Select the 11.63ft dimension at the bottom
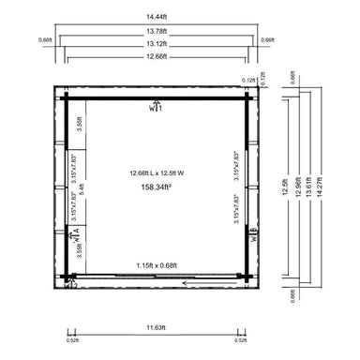pos(156,327)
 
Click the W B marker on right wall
pos(253,236)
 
